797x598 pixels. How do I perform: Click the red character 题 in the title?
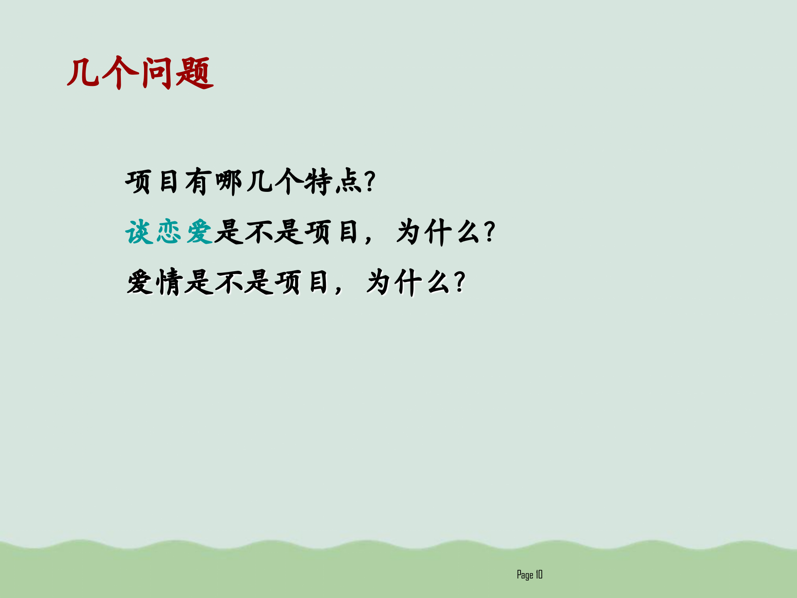click(x=194, y=74)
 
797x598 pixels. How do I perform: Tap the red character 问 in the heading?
click(x=157, y=74)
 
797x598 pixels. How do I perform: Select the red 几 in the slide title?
click(x=83, y=74)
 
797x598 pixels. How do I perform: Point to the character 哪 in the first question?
click(x=229, y=182)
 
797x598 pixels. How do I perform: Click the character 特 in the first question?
click(x=318, y=182)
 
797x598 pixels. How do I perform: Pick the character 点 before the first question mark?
click(x=348, y=182)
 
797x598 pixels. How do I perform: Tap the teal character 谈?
click(x=139, y=232)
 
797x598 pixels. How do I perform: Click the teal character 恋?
click(x=169, y=232)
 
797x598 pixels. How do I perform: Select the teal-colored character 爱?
click(x=200, y=232)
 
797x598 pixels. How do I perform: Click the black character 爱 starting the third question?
click(x=140, y=282)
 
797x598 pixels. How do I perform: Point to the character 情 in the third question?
click(x=169, y=282)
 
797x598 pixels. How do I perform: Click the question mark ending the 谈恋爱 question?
click(x=490, y=232)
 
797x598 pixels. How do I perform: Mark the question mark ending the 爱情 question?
click(x=460, y=282)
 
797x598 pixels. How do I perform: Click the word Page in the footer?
click(x=525, y=575)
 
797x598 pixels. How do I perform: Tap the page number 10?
click(x=539, y=574)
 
